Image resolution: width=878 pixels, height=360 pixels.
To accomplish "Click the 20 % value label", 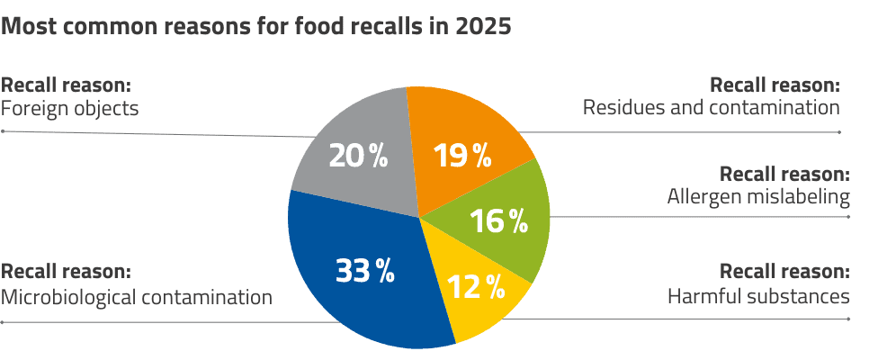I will pos(357,156).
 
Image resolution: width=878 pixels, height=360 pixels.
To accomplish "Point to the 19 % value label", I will pos(462,156).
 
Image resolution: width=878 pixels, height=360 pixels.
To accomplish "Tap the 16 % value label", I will pos(498,221).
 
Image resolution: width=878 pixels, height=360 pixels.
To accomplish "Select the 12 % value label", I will pos(475,287).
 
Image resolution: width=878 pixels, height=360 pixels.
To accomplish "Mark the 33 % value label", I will pos(364,270).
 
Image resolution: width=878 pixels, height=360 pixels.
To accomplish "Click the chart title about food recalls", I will pos(255,26).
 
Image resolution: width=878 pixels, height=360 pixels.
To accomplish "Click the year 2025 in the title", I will pos(484,26).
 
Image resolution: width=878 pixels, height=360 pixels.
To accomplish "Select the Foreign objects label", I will pos(69,108).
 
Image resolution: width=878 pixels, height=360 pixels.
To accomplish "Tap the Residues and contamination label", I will pos(711,108).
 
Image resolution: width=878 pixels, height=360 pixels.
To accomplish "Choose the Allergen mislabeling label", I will pos(757,196).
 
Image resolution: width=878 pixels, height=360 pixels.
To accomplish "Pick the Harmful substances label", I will pos(757,296).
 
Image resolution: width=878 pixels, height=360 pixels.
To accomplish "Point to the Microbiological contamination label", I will pos(136,296).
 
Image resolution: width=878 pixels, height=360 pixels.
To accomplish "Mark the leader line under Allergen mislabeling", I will pos(702,217).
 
